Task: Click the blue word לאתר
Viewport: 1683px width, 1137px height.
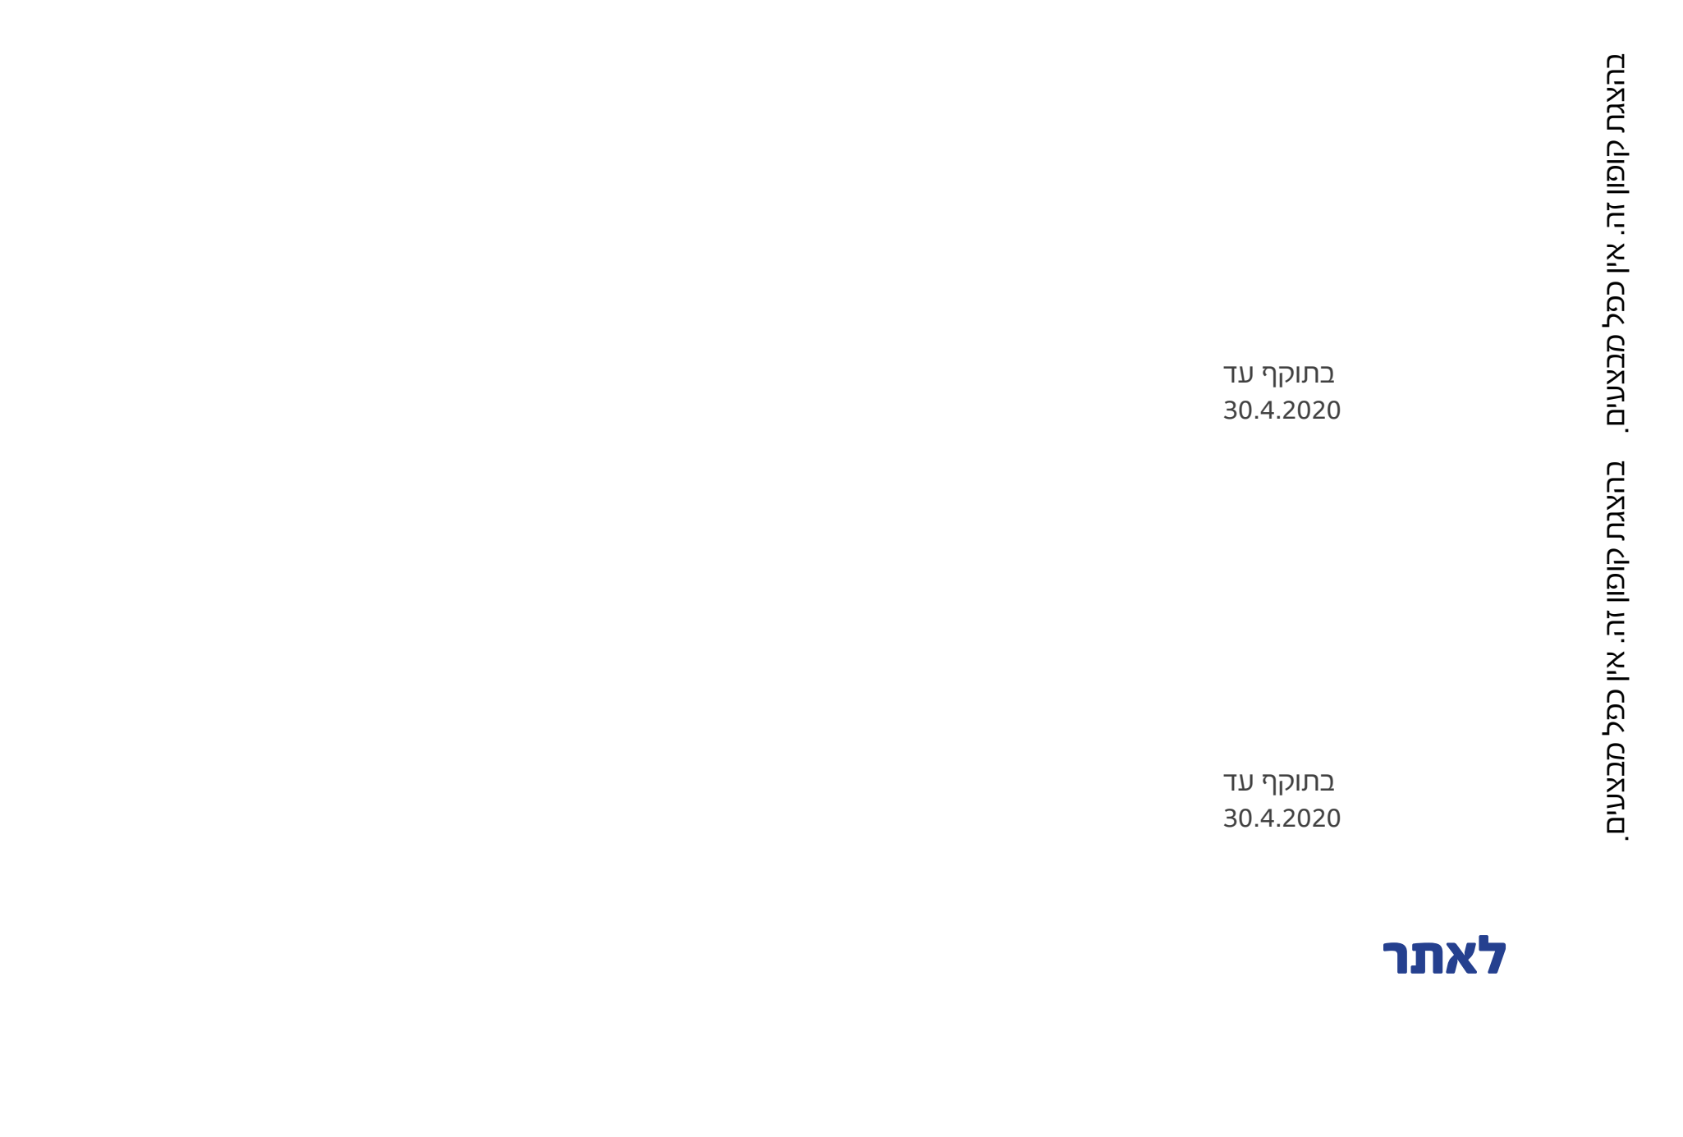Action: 1445,956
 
